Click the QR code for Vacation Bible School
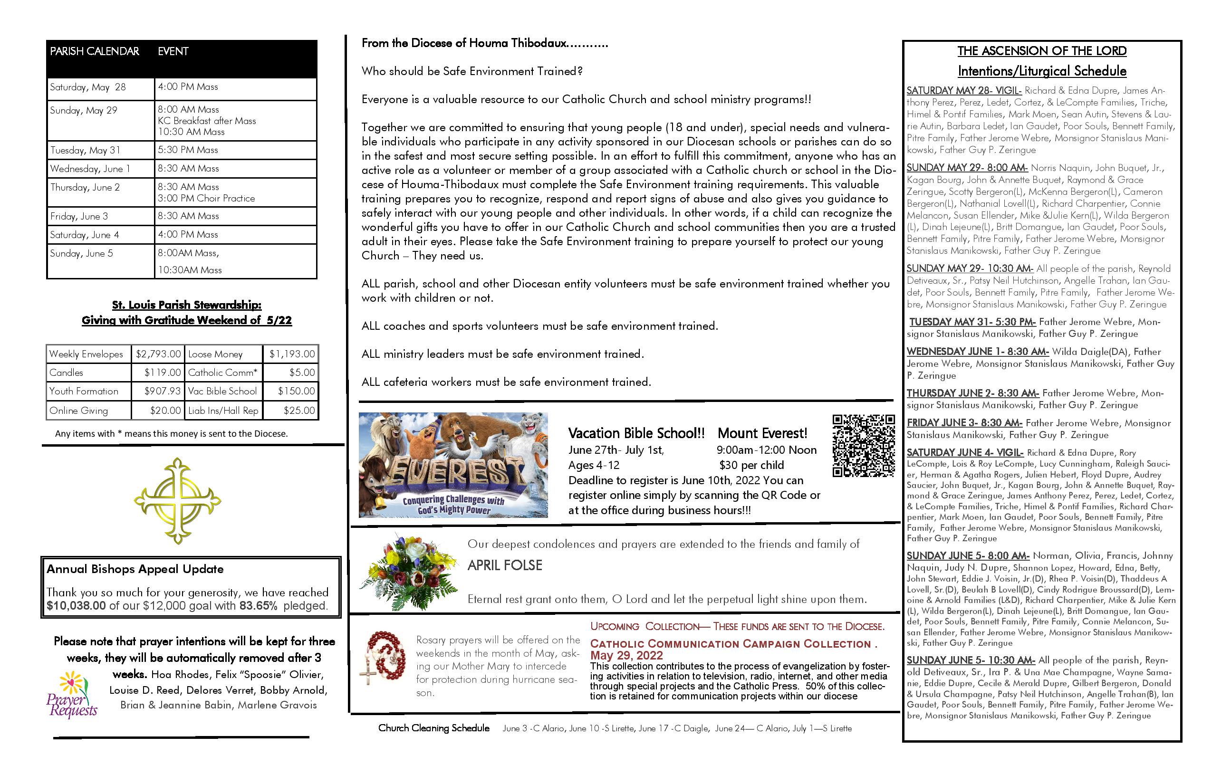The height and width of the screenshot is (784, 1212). pyautogui.click(x=863, y=446)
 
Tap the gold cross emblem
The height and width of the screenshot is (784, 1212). pyautogui.click(x=177, y=500)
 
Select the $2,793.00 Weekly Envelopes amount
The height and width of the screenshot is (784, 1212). pyautogui.click(x=158, y=354)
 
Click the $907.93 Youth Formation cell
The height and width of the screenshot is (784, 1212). pyautogui.click(x=162, y=391)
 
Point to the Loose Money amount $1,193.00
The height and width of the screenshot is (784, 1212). pyautogui.click(x=292, y=354)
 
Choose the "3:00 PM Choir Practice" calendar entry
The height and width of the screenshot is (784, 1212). pyautogui.click(x=206, y=198)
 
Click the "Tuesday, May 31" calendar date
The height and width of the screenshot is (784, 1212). pyautogui.click(x=85, y=150)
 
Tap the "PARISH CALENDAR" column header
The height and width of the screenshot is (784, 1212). pyautogui.click(x=94, y=51)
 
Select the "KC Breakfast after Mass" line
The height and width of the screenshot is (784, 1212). pyautogui.click(x=207, y=121)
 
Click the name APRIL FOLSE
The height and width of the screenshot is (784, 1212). pyautogui.click(x=505, y=565)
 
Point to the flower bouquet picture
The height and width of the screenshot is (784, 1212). pyautogui.click(x=409, y=571)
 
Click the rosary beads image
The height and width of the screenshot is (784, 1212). pyautogui.click(x=385, y=659)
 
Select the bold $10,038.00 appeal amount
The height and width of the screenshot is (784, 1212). pyautogui.click(x=77, y=606)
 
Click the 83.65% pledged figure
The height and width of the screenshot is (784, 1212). pyautogui.click(x=259, y=606)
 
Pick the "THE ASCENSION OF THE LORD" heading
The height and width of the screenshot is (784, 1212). pyautogui.click(x=1041, y=51)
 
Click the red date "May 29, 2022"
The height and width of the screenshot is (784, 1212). pyautogui.click(x=626, y=655)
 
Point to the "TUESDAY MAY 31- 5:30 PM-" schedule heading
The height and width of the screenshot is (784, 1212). pyautogui.click(x=972, y=322)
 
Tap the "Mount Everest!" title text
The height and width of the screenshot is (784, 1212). pyautogui.click(x=762, y=433)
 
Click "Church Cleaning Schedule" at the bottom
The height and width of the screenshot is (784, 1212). pyautogui.click(x=434, y=728)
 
